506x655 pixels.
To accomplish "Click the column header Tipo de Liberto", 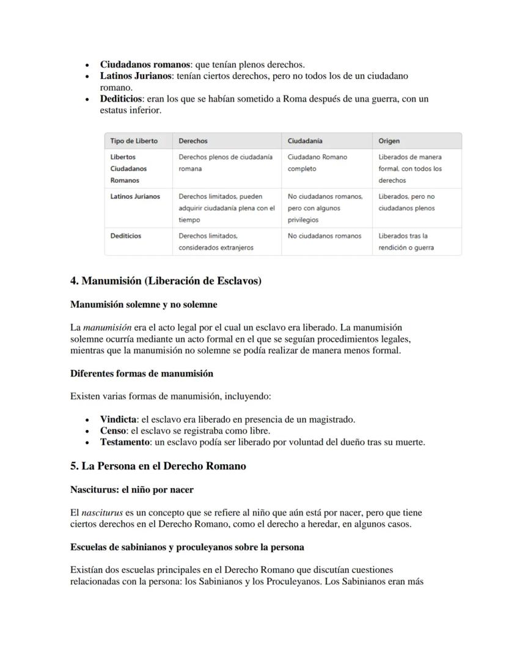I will point(134,141).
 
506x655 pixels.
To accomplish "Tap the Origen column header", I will point(389,141).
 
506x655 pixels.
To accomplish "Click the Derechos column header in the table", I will point(193,141).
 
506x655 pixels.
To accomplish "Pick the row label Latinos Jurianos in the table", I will point(135,196).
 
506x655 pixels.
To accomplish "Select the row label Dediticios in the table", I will point(125,235).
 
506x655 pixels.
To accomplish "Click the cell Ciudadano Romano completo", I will point(317,163).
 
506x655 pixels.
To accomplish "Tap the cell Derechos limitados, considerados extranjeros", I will point(216,242).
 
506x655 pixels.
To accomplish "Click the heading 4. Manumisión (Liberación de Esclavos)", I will point(166,281).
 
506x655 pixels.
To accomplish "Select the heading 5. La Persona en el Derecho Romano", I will point(158,466).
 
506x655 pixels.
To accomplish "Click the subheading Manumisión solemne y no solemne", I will point(144,304).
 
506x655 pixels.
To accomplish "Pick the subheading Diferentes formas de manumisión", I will point(142,373).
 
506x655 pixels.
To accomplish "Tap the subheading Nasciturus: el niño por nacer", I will point(132,489).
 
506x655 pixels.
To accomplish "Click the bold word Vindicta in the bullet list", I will point(119,420).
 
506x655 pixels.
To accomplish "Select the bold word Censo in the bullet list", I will point(113,431).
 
